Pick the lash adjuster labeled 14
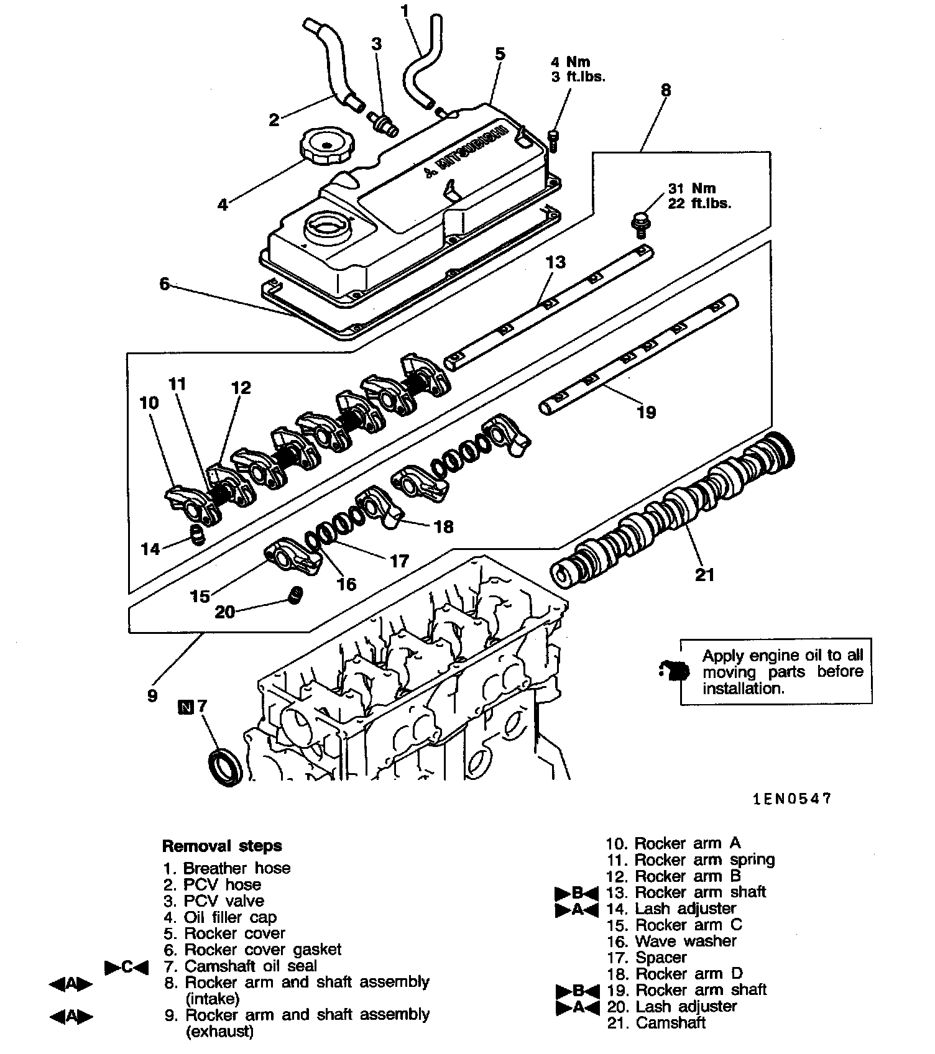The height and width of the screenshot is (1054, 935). [x=197, y=535]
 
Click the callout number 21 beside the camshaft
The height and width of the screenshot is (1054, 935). [x=704, y=575]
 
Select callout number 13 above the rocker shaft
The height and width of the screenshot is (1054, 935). [x=556, y=262]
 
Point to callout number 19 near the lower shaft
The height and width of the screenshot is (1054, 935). [x=647, y=411]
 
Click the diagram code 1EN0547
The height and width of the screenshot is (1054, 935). [x=792, y=799]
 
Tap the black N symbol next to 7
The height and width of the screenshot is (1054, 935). [x=185, y=707]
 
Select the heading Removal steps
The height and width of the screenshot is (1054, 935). [x=221, y=846]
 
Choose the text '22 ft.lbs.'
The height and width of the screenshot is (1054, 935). [x=699, y=203]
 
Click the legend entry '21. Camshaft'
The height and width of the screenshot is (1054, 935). [x=656, y=1023]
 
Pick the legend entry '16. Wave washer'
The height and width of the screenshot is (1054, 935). [x=671, y=941]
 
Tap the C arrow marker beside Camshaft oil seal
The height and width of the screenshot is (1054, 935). [x=127, y=967]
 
